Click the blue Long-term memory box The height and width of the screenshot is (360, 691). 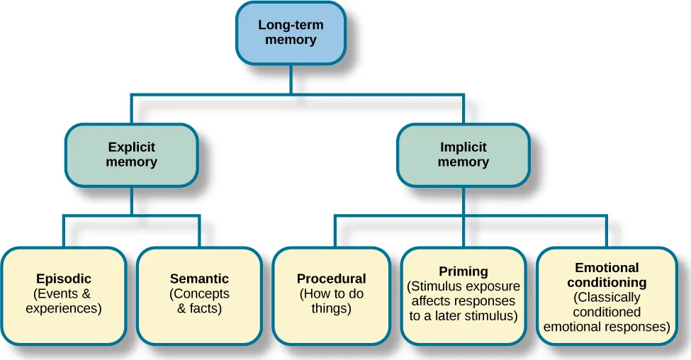click(291, 33)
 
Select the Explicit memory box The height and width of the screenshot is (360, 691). click(131, 155)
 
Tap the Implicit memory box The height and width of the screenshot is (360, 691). click(463, 155)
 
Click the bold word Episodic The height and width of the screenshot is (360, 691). click(64, 279)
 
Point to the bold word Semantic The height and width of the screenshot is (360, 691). click(199, 279)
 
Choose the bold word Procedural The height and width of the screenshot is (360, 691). click(331, 279)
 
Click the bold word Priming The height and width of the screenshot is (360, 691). click(464, 271)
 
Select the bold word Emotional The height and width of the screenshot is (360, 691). click(607, 268)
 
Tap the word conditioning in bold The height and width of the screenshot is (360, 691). click(607, 283)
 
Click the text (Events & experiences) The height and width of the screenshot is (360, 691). click(64, 301)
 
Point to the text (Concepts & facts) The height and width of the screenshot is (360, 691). click(199, 301)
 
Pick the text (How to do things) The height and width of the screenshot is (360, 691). click(331, 301)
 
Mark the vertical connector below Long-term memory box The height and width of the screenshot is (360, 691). click(291, 78)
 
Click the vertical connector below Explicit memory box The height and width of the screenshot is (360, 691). click(131, 200)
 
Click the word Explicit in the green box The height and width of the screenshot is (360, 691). click(131, 147)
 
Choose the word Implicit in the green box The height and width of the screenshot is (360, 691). click(463, 147)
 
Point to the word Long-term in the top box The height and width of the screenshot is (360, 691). click(291, 25)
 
